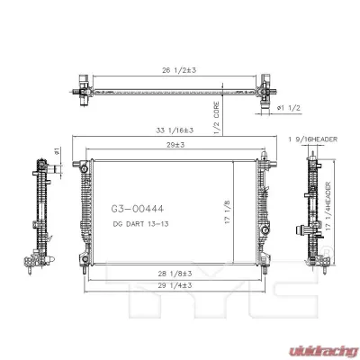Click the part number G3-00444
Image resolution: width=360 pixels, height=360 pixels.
pyautogui.click(x=138, y=209)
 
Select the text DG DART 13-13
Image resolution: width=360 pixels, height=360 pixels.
pyautogui.click(x=140, y=224)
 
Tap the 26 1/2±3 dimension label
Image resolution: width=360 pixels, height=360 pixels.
pyautogui.click(x=179, y=70)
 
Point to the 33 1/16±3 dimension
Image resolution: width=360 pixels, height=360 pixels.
pyautogui.click(x=175, y=130)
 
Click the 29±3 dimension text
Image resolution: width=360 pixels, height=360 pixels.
pyautogui.click(x=175, y=145)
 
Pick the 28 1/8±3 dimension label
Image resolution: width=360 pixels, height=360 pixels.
pyautogui.click(x=175, y=274)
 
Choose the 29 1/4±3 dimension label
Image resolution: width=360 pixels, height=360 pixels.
pyautogui.click(x=175, y=285)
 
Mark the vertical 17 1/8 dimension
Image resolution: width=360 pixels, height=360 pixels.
pyautogui.click(x=228, y=212)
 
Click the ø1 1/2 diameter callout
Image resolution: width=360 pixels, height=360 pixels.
pyautogui.click(x=289, y=108)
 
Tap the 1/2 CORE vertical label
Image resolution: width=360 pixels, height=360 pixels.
pyautogui.click(x=216, y=118)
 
